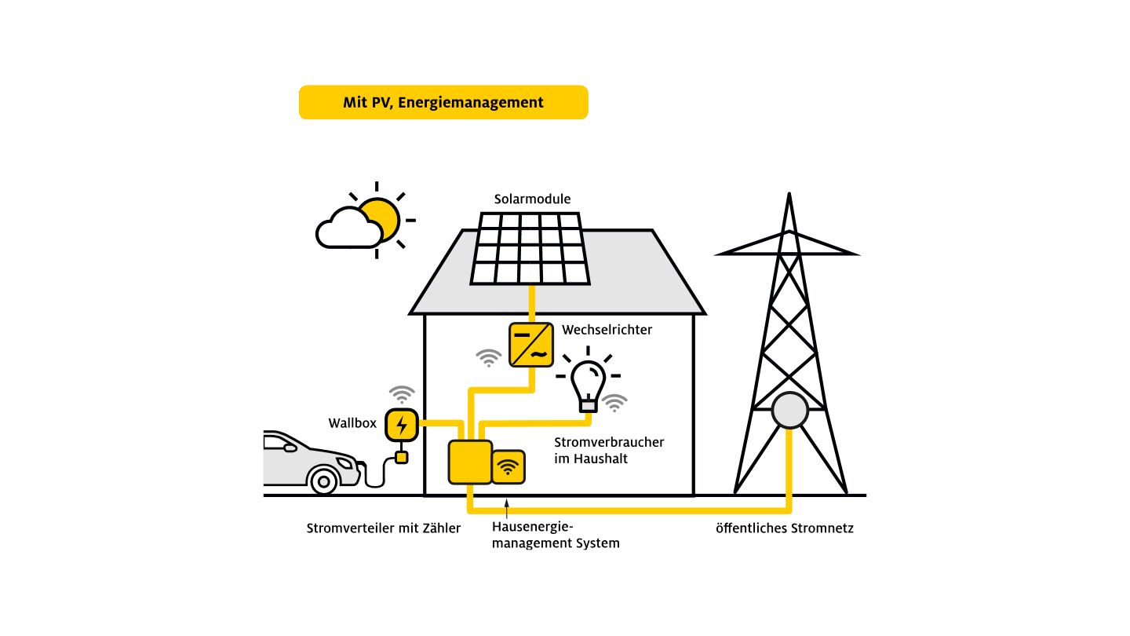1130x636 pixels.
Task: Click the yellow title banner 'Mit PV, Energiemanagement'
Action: tap(443, 102)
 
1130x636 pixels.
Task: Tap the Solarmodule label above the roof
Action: tap(532, 199)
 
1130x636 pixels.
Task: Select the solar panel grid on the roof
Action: tap(530, 248)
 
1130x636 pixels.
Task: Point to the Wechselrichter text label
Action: tap(607, 330)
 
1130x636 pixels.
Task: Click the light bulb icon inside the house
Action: tap(588, 384)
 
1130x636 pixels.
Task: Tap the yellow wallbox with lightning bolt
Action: tap(402, 425)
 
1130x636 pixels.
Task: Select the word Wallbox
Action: tap(352, 424)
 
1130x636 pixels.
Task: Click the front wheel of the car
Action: tap(323, 479)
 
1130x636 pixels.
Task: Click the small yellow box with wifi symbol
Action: tap(508, 467)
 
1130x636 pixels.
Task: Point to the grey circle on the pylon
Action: tap(789, 411)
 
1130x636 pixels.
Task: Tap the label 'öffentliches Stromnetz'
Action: tap(784, 528)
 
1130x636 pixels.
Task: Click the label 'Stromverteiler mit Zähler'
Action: tap(383, 528)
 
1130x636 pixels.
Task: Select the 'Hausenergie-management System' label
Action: tap(555, 535)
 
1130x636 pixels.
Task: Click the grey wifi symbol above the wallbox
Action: tap(402, 394)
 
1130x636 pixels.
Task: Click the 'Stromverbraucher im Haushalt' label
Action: tap(609, 450)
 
